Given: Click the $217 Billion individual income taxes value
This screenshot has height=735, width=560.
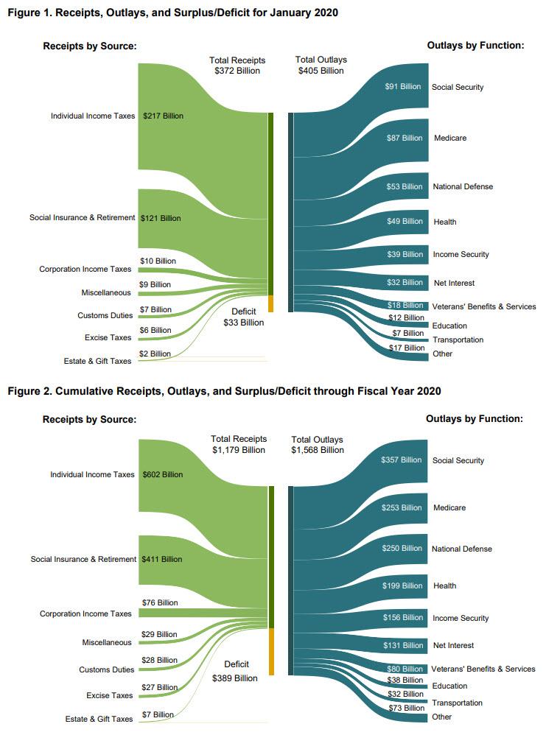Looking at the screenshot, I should click(x=163, y=116).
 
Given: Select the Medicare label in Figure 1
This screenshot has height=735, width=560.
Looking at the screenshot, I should click(x=449, y=138).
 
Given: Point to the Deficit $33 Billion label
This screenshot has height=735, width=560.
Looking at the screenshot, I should click(x=243, y=317).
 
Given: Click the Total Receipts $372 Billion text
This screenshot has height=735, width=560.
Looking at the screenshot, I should click(x=237, y=66).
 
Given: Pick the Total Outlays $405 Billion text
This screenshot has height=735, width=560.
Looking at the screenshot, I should click(x=321, y=66).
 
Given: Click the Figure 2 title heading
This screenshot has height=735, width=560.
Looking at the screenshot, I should click(x=224, y=390).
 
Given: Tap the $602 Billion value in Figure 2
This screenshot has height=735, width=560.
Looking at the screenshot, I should click(x=163, y=475).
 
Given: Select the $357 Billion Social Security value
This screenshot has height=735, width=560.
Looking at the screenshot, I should click(x=402, y=460).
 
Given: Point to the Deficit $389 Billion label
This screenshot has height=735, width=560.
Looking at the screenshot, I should click(x=235, y=672).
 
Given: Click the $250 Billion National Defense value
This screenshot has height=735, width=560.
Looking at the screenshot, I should click(x=402, y=549).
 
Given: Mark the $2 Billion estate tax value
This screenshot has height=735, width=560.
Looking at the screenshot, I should click(x=155, y=354).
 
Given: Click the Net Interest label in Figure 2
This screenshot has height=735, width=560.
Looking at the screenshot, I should click(x=453, y=646).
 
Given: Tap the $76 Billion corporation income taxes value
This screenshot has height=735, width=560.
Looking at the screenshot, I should click(x=159, y=602).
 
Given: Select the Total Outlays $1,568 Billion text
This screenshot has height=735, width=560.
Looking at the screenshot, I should click(x=318, y=445).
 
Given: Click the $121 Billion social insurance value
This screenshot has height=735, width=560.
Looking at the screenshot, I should click(x=161, y=218).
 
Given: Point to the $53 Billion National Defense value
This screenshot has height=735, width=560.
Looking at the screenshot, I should click(x=404, y=187).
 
